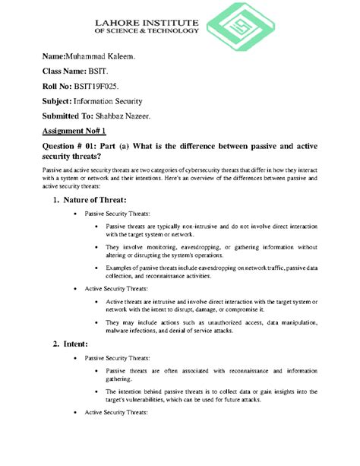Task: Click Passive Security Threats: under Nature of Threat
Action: [x=117, y=215]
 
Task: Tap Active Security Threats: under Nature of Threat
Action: [x=115, y=289]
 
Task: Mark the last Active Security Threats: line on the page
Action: [x=115, y=411]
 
